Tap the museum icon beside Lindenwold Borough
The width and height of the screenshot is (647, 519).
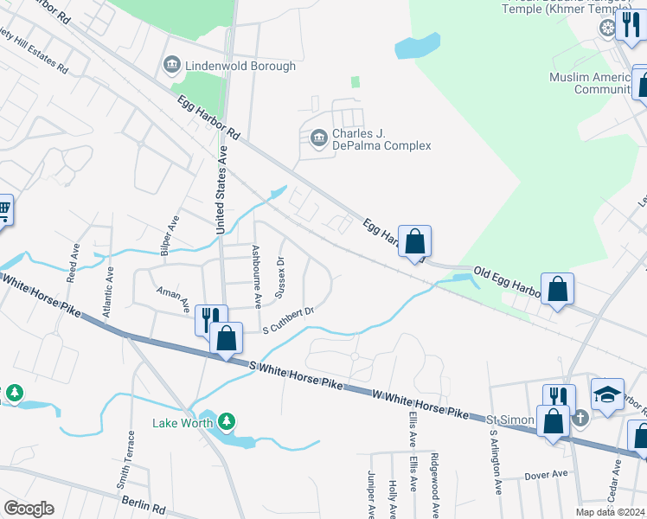(x=171, y=66)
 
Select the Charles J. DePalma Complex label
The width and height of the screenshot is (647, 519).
(x=381, y=139)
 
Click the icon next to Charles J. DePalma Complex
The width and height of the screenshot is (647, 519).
(x=317, y=137)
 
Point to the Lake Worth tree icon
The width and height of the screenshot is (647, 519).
(x=227, y=421)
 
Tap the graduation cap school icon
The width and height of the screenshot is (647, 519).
(x=608, y=394)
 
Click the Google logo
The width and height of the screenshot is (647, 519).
(x=29, y=509)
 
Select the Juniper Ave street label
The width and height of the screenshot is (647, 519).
(x=372, y=494)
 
